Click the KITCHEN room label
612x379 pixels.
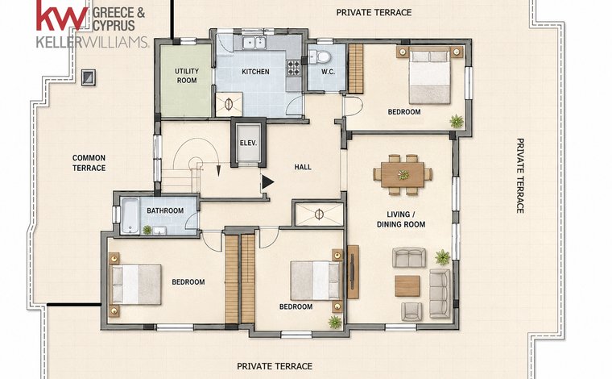tap(255, 72)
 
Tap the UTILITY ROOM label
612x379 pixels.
tap(187, 76)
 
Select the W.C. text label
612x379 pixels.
tap(328, 72)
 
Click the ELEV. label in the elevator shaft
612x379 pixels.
tap(248, 143)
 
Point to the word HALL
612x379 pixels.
tap(303, 167)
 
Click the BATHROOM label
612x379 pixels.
tap(165, 210)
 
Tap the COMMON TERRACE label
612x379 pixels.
tap(89, 163)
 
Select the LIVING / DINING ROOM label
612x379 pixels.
tap(401, 219)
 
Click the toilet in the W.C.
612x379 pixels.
tap(321, 57)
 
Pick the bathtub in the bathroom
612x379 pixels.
tap(130, 215)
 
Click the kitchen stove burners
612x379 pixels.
tap(294, 67)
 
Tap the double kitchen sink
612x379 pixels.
tap(254, 42)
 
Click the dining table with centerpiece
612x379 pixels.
tap(403, 175)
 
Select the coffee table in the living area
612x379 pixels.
tap(407, 286)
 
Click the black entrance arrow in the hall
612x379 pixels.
tap(267, 182)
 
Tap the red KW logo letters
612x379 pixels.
tap(63, 15)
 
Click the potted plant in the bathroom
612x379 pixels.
tap(147, 230)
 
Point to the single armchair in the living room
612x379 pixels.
tap(411, 311)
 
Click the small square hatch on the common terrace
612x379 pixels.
tap(89, 77)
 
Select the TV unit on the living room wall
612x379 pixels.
tap(353, 272)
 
